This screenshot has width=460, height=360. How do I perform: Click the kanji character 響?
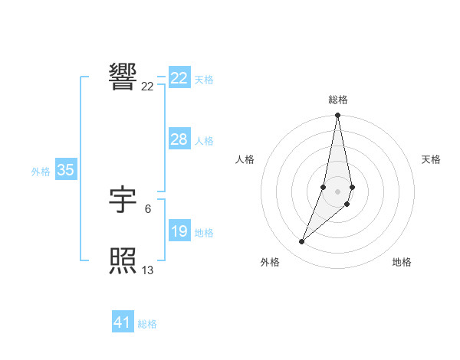(123, 77)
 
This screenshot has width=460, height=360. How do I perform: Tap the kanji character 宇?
(123, 200)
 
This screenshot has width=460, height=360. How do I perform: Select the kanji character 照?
(123, 261)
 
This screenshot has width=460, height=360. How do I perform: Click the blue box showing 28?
(179, 139)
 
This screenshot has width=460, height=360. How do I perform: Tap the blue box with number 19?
(179, 231)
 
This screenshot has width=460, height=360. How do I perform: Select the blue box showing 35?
(65, 170)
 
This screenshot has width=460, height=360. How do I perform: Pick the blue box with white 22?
(179, 78)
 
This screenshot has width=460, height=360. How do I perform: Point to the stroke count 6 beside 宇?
(147, 208)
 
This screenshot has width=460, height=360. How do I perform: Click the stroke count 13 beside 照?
(147, 270)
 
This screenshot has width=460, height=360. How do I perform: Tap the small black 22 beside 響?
(147, 87)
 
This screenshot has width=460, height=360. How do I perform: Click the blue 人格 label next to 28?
(204, 141)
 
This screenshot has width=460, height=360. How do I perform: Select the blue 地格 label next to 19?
(204, 233)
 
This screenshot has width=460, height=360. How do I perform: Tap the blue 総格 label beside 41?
(147, 325)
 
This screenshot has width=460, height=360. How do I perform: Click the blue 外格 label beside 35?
(41, 172)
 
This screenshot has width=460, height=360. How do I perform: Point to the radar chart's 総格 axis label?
(337, 100)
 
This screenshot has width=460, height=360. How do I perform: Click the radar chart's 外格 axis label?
(270, 262)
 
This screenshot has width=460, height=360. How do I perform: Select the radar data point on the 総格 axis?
(337, 116)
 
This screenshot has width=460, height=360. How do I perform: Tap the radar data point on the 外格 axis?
(301, 242)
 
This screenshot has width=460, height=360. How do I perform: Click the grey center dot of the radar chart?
(337, 191)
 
